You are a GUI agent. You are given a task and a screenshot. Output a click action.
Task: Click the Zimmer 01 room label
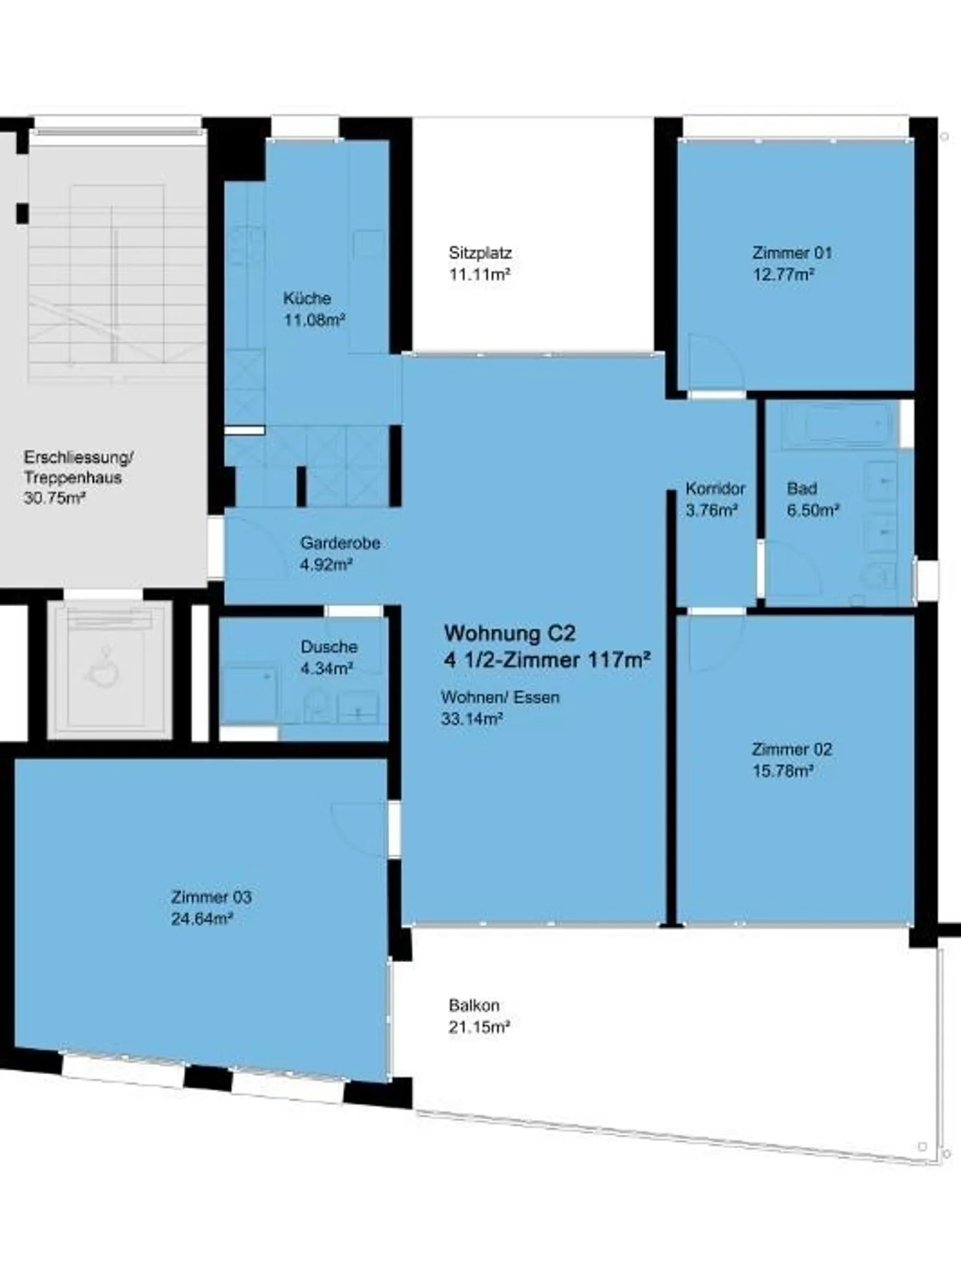pyautogui.click(x=792, y=253)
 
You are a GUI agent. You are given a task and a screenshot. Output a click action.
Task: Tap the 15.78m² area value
pyautogui.click(x=783, y=771)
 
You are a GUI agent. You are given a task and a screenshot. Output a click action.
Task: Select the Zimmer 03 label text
pyautogui.click(x=212, y=897)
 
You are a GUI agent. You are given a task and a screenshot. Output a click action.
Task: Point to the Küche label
pyautogui.click(x=307, y=298)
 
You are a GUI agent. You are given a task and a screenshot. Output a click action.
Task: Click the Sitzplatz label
pyautogui.click(x=480, y=253)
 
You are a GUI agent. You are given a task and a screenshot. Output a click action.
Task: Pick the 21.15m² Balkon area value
pyautogui.click(x=479, y=1027)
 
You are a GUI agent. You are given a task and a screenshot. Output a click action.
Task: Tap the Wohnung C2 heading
pyautogui.click(x=510, y=633)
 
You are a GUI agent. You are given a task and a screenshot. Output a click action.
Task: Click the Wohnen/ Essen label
pyautogui.click(x=501, y=697)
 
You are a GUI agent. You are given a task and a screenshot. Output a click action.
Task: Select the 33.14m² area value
pyautogui.click(x=472, y=719)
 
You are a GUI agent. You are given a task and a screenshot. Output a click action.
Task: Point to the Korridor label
pyautogui.click(x=715, y=489)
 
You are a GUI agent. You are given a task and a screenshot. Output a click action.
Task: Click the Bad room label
pyautogui.click(x=802, y=489)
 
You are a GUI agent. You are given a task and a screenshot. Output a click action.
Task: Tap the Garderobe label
pyautogui.click(x=340, y=543)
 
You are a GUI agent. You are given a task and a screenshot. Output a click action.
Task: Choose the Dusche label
pyautogui.click(x=329, y=647)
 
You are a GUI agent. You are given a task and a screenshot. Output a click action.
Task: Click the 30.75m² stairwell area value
pyautogui.click(x=55, y=498)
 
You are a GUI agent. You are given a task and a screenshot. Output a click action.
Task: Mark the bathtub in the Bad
pyautogui.click(x=838, y=425)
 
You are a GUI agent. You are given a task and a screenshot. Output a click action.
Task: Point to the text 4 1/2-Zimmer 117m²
pyautogui.click(x=548, y=660)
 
